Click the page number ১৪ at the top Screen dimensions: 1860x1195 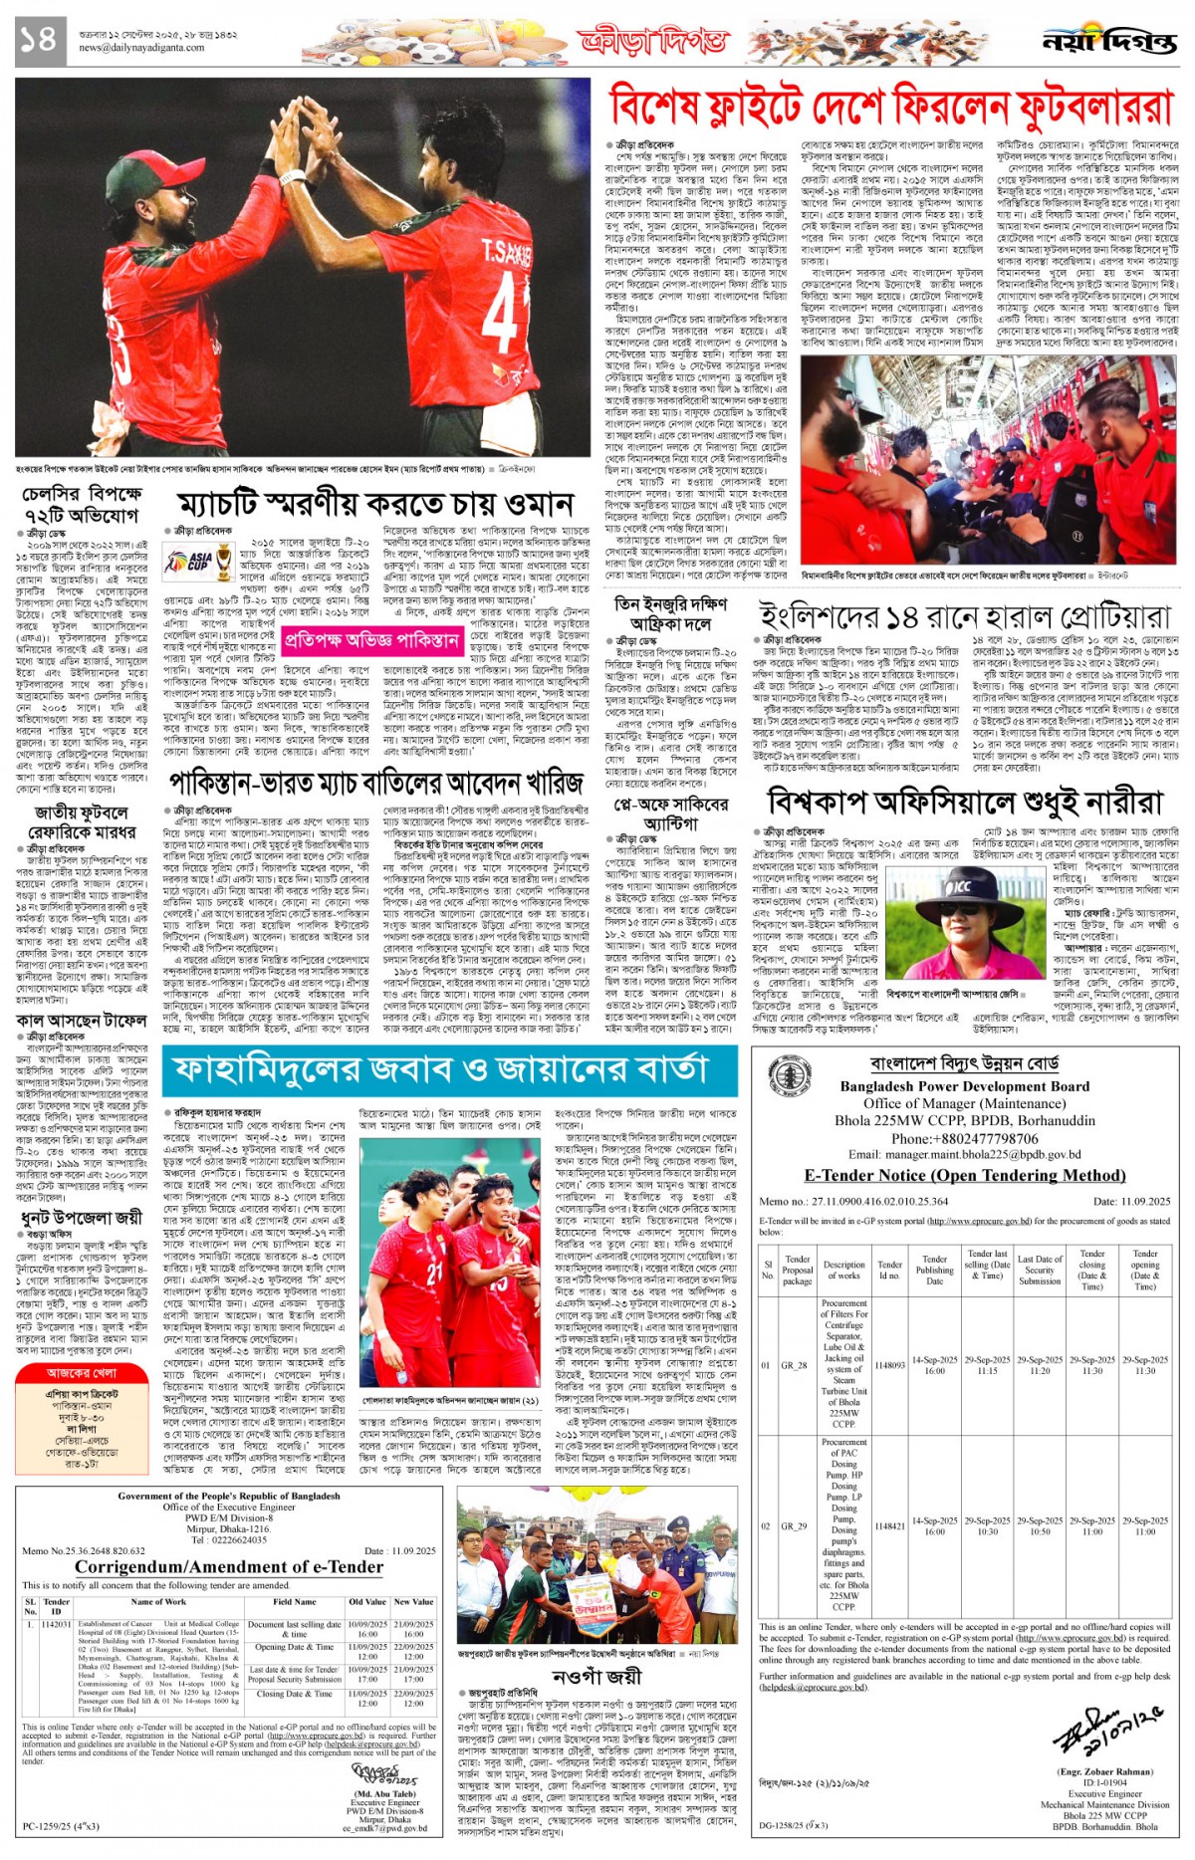click(39, 40)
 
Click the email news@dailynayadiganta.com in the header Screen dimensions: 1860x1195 click(141, 47)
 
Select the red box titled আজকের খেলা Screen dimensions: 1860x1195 click(82, 1371)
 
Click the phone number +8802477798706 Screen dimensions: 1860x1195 click(964, 1138)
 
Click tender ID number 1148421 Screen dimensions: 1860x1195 click(889, 1525)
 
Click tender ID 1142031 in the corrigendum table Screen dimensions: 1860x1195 click(56, 1624)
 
